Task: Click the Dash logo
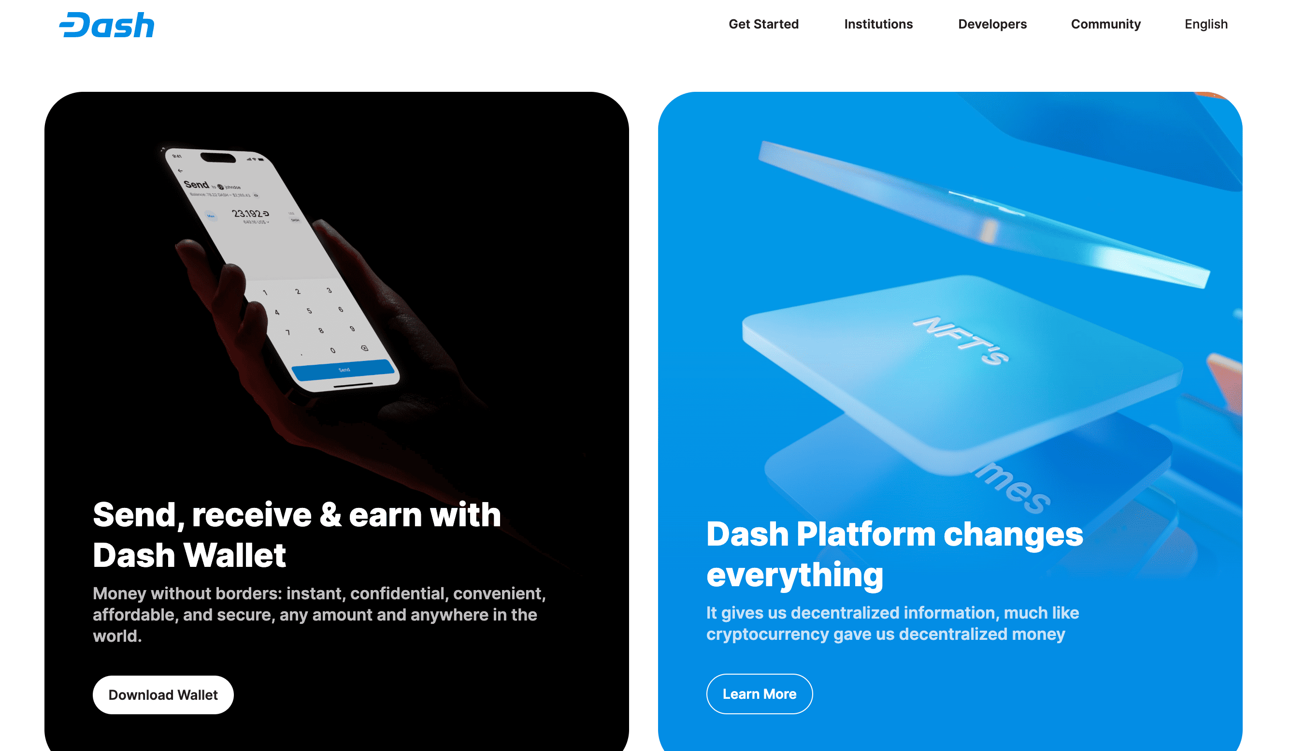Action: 107,25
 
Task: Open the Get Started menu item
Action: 763,24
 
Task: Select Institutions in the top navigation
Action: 878,24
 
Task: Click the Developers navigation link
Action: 992,24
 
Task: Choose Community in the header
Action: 1105,24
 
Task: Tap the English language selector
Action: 1206,24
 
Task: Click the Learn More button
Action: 759,693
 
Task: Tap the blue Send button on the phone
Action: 344,370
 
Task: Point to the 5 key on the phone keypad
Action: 309,311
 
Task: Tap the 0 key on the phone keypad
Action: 333,350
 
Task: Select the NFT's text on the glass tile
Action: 961,340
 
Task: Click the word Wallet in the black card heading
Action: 235,555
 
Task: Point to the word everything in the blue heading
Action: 795,575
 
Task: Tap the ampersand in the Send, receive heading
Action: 330,514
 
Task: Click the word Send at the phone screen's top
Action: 196,185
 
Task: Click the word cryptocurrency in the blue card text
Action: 767,634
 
